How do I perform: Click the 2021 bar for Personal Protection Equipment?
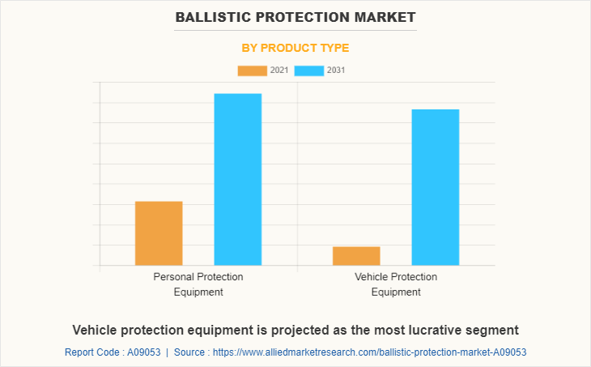[x=159, y=233]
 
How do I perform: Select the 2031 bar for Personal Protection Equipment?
[x=237, y=179]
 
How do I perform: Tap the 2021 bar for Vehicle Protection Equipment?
[x=356, y=255]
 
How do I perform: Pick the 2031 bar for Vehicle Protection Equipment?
[x=435, y=187]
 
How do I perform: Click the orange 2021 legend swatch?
[x=252, y=70]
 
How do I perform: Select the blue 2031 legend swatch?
[x=308, y=70]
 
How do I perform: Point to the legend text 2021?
[x=279, y=70]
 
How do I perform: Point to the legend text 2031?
[x=336, y=70]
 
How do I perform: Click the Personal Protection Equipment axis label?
[x=198, y=284]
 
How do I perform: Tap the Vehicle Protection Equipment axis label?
[x=396, y=284]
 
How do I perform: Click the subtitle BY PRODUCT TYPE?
[x=295, y=48]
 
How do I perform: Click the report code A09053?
[x=142, y=352]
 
